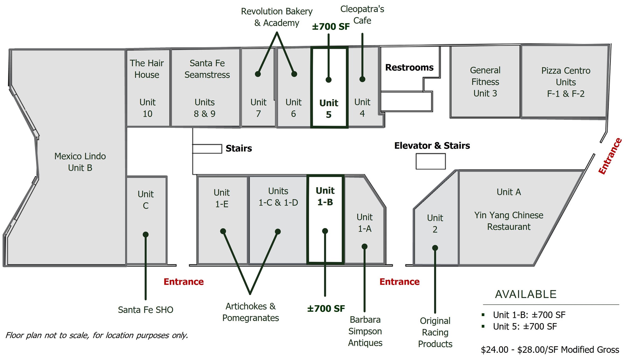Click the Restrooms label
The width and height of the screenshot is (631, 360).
[409, 67]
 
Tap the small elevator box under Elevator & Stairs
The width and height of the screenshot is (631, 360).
[430, 161]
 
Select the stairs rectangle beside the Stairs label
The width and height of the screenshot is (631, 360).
[207, 149]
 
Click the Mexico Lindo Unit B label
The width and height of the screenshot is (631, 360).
[80, 162]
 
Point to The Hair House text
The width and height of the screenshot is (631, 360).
[147, 69]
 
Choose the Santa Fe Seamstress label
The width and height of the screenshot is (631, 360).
[207, 69]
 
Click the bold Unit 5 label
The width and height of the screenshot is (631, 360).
[329, 109]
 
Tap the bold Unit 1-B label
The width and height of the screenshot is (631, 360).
[325, 196]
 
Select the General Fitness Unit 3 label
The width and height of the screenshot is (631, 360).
[485, 82]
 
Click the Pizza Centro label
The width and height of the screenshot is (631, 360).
[566, 71]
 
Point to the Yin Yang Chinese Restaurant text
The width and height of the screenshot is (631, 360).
[508, 221]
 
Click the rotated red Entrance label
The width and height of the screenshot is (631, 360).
[610, 156]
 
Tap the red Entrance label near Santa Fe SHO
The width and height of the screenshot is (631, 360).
[184, 282]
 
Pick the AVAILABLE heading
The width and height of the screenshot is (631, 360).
[526, 294]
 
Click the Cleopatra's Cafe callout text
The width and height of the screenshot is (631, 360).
[362, 15]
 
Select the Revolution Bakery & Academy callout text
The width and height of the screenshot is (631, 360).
[277, 17]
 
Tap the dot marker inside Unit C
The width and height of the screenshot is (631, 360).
[146, 234]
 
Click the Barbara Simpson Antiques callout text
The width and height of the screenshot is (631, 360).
[365, 331]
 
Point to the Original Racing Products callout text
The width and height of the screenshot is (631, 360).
[435, 332]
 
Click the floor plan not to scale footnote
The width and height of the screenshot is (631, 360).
[97, 335]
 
